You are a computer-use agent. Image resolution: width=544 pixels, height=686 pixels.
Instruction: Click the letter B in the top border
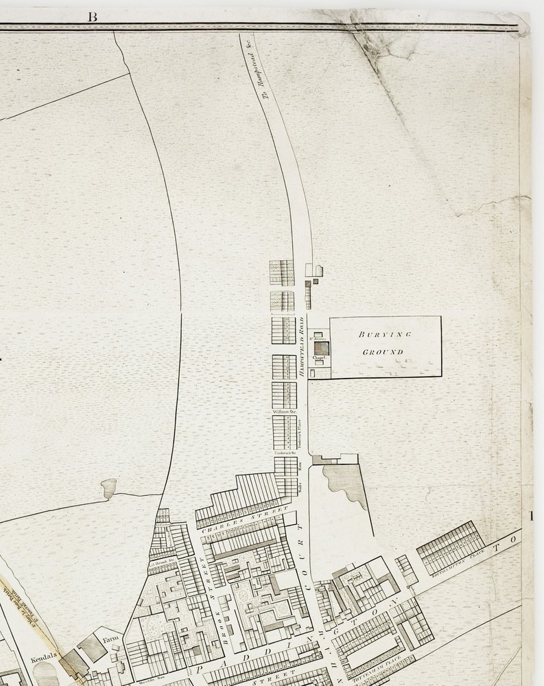[x=92, y=16]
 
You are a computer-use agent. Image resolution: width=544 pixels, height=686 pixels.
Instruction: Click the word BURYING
[x=384, y=335]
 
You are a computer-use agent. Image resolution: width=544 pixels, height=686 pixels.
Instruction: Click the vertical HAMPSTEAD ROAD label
[x=301, y=350]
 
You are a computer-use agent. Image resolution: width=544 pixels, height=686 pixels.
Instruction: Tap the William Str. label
[x=284, y=412]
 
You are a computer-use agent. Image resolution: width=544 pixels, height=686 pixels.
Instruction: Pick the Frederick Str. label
[x=284, y=453]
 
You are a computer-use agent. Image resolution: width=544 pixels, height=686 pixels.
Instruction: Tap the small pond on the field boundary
[x=108, y=488]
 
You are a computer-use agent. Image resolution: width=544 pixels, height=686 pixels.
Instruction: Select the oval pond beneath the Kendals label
[x=45, y=674]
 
